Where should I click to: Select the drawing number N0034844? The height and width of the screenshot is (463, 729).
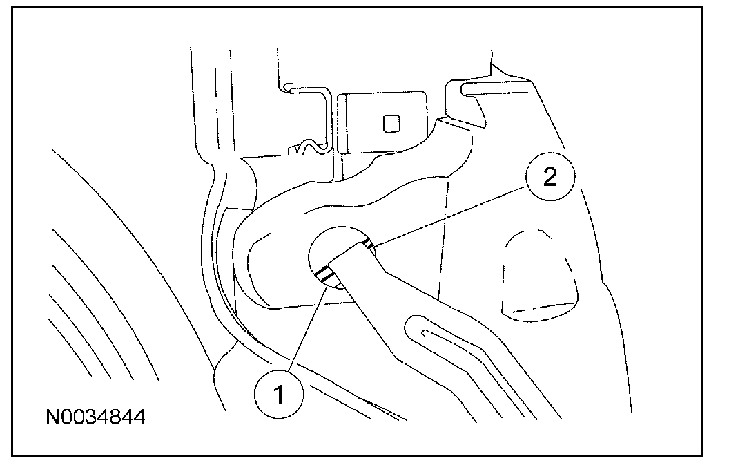96,417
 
